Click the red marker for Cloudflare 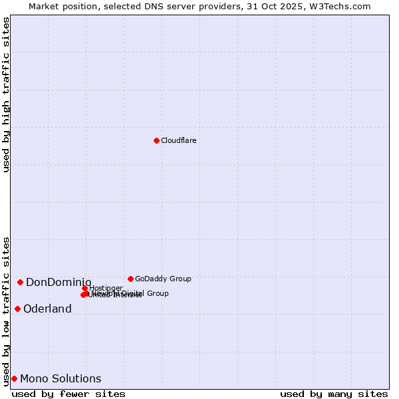click(x=156, y=140)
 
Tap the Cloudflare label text click(x=178, y=140)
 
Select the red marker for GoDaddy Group click(x=130, y=279)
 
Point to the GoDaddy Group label click(x=163, y=279)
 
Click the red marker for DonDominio click(x=20, y=282)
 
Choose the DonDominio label click(x=59, y=283)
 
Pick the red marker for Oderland click(x=17, y=309)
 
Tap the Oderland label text click(x=47, y=309)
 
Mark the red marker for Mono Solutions click(x=14, y=378)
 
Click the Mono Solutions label click(x=61, y=379)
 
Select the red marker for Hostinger click(x=85, y=288)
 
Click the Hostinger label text click(x=106, y=288)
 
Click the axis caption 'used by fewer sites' click(x=68, y=394)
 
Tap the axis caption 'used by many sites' click(x=334, y=394)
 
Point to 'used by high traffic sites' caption click(x=7, y=94)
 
